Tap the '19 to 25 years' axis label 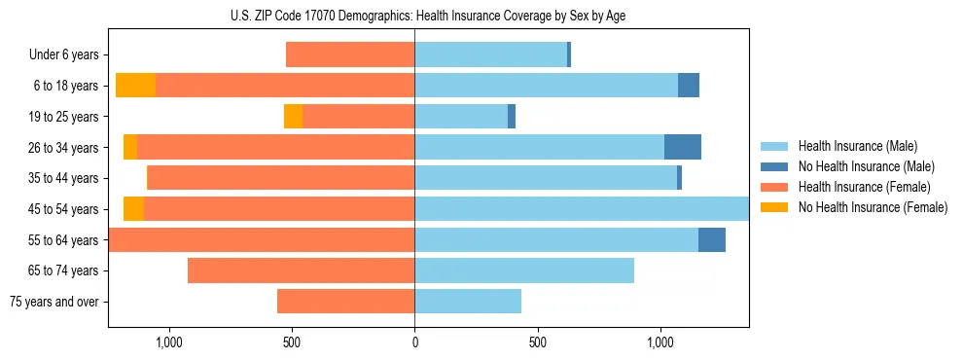[x=63, y=117]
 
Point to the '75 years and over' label [x=54, y=302]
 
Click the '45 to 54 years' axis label [x=63, y=209]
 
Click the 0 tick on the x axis [x=414, y=342]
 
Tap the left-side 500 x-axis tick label [x=292, y=342]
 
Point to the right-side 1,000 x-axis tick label [x=660, y=342]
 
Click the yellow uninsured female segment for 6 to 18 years [x=135, y=86]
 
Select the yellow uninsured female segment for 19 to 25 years [x=293, y=117]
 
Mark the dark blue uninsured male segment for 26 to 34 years [x=683, y=148]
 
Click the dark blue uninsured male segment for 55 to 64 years [x=712, y=240]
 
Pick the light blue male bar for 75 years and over [x=468, y=302]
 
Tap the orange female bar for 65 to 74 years [x=302, y=270]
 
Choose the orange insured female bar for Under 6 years [x=350, y=55]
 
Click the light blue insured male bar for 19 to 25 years [x=461, y=117]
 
